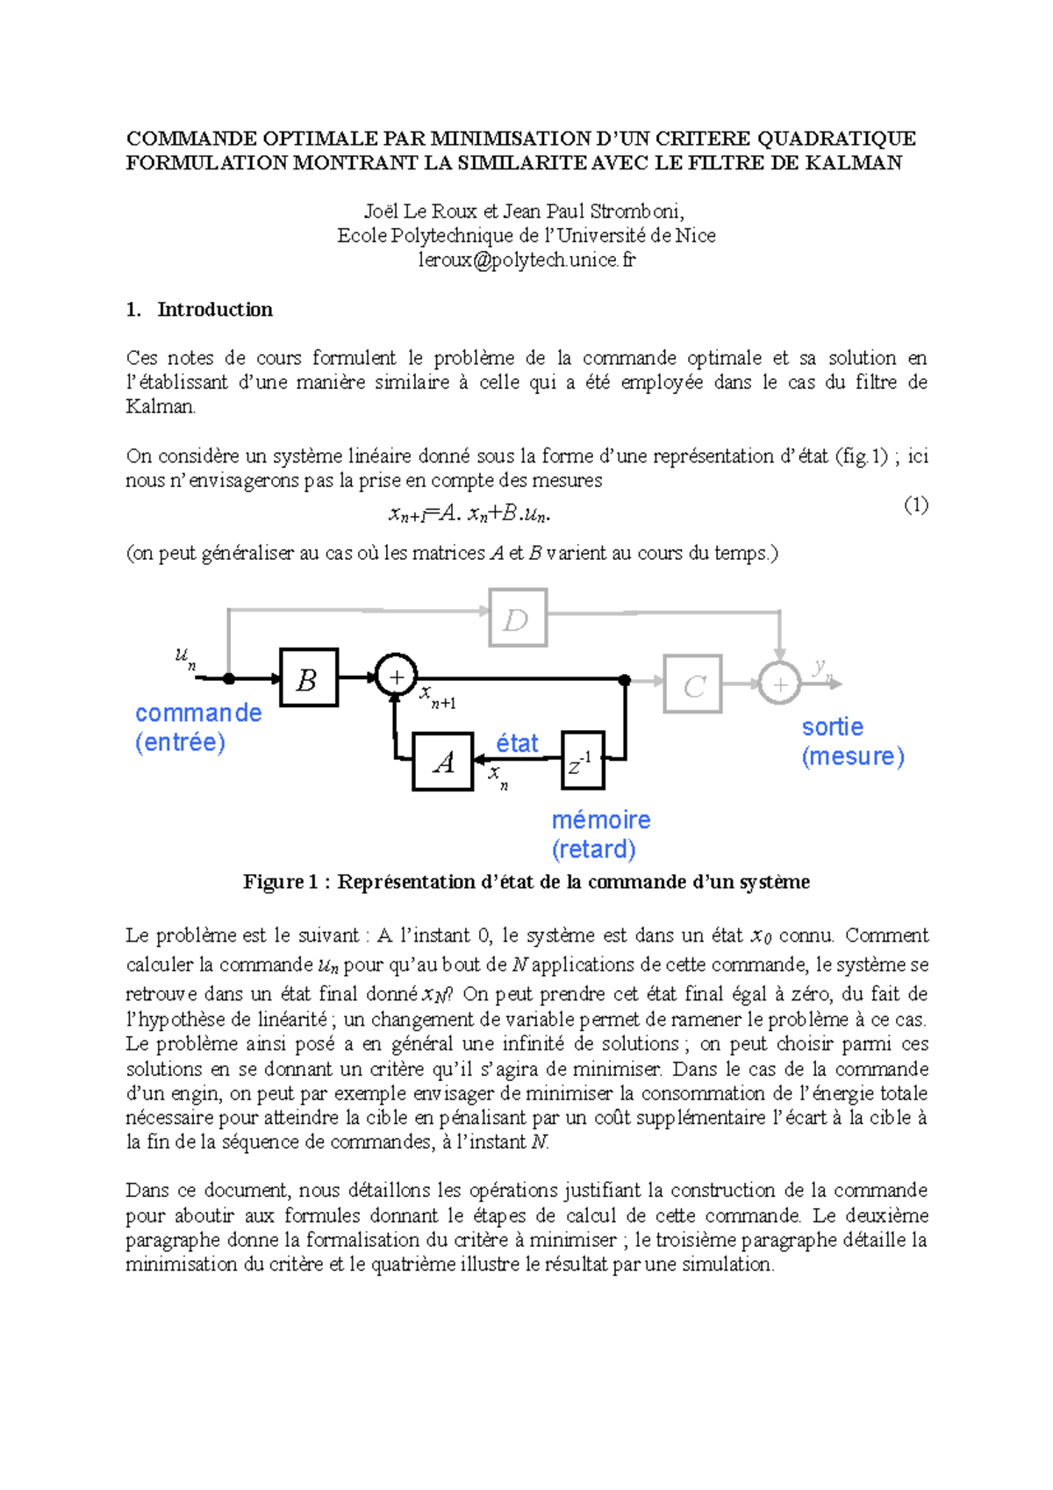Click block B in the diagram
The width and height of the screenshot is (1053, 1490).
point(308,677)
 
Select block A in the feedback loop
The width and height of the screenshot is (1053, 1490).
point(443,762)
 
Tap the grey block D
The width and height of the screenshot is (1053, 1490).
point(517,618)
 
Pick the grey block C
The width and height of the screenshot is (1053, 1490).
point(692,684)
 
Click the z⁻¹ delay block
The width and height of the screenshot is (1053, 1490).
point(582,761)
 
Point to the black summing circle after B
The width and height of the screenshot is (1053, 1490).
point(396,677)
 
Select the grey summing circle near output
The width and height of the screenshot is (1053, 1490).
point(779,684)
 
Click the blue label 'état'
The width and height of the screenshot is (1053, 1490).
point(517,743)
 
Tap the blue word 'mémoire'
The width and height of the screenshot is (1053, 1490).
point(601,820)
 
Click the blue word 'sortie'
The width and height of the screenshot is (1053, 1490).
point(832,727)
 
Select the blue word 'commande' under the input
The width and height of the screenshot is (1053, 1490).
point(198,713)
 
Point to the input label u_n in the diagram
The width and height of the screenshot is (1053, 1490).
point(185,658)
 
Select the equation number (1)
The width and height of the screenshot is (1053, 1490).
point(915,505)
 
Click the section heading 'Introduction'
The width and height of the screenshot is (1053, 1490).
point(215,310)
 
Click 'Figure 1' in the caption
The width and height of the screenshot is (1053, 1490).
point(279,882)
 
